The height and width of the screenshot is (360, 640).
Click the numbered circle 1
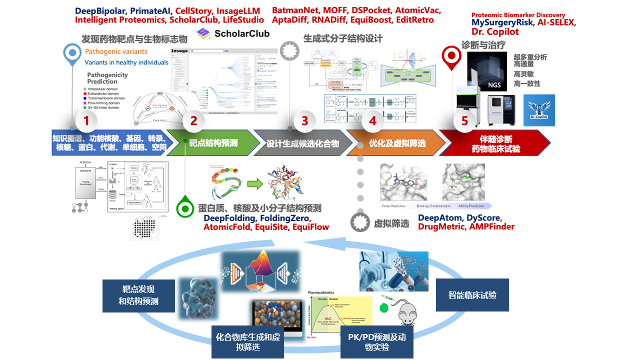pyautogui.click(x=86, y=120)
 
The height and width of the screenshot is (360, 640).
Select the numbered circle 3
pyautogui.click(x=304, y=120)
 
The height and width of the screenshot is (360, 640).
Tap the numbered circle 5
pyautogui.click(x=464, y=120)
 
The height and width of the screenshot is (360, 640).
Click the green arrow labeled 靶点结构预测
pyautogui.click(x=212, y=143)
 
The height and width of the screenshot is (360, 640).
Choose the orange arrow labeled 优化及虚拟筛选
pyautogui.click(x=397, y=143)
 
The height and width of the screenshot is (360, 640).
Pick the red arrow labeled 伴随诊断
pyautogui.click(x=495, y=143)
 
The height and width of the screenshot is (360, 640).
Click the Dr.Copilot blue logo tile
pyautogui.click(x=539, y=110)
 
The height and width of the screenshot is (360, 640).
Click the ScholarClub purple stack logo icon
pyautogui.click(x=203, y=33)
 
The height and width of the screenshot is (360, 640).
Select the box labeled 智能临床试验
pyautogui.click(x=472, y=295)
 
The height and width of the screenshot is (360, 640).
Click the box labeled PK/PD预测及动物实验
pyautogui.click(x=376, y=341)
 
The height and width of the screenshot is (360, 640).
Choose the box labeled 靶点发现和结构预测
pyautogui.click(x=138, y=295)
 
